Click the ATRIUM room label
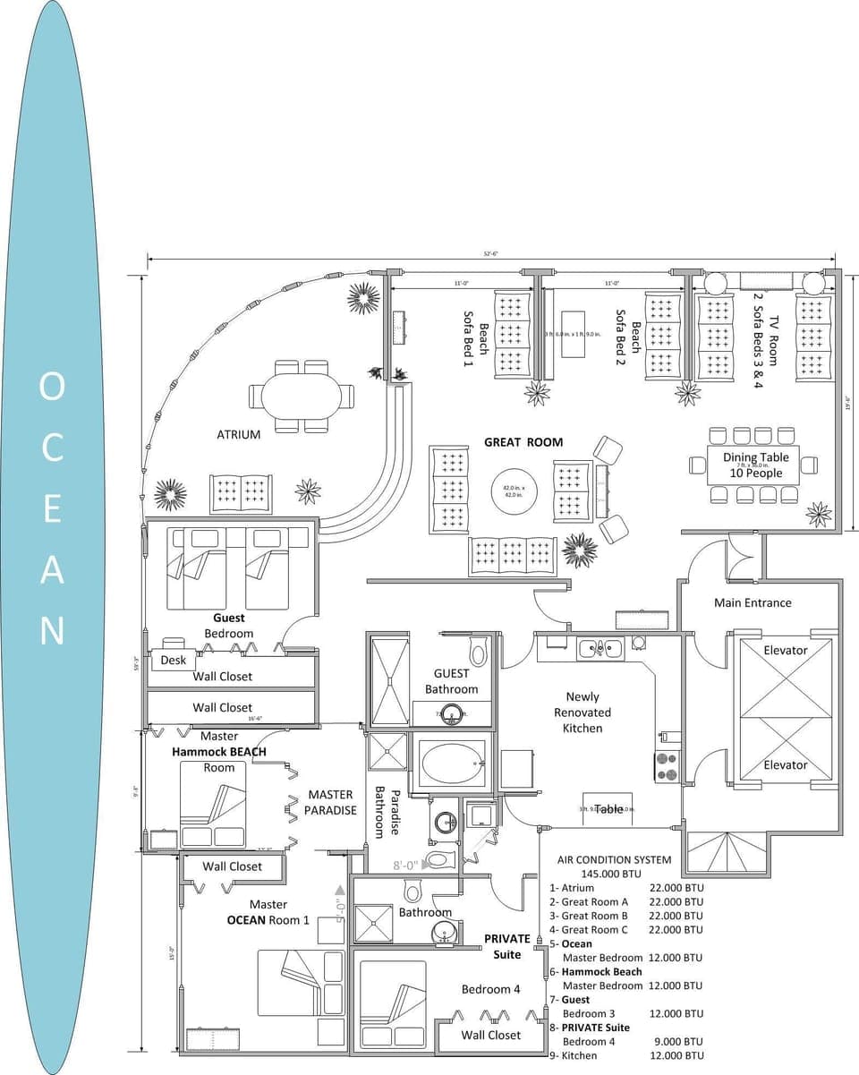click(x=238, y=435)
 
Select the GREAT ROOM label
click(x=523, y=442)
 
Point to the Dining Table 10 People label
click(x=756, y=465)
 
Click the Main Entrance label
click(x=753, y=602)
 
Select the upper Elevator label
click(x=785, y=650)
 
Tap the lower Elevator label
click(x=785, y=764)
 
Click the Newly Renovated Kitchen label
click(x=583, y=712)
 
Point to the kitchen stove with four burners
click(x=667, y=767)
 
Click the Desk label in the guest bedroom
click(x=173, y=661)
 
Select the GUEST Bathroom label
click(x=452, y=681)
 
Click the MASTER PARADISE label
click(x=331, y=802)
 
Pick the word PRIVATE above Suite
click(x=507, y=939)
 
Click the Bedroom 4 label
click(x=490, y=989)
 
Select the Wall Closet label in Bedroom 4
click(x=490, y=1035)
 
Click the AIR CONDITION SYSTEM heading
click(x=614, y=859)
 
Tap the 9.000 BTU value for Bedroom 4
click(x=676, y=1042)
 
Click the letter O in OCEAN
click(x=52, y=387)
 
